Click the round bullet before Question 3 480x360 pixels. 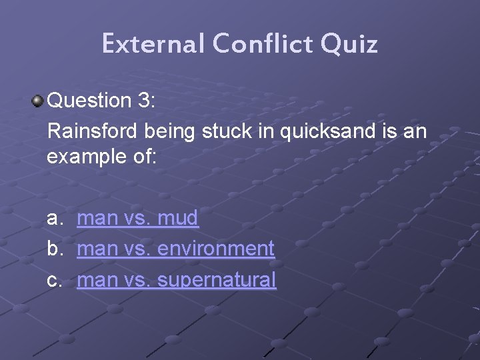pyautogui.click(x=37, y=101)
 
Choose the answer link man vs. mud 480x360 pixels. pyautogui.click(x=137, y=217)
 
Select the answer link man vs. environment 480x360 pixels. pyautogui.click(x=175, y=249)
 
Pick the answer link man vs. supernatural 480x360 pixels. pyautogui.click(x=176, y=280)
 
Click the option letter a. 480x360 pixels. pyautogui.click(x=53, y=218)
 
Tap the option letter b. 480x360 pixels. pyautogui.click(x=53, y=249)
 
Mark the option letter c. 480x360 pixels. pyautogui.click(x=53, y=280)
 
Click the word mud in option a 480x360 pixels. pyautogui.click(x=178, y=217)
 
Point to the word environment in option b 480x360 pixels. pyautogui.click(x=216, y=249)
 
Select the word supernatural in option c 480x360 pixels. pyautogui.click(x=217, y=280)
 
